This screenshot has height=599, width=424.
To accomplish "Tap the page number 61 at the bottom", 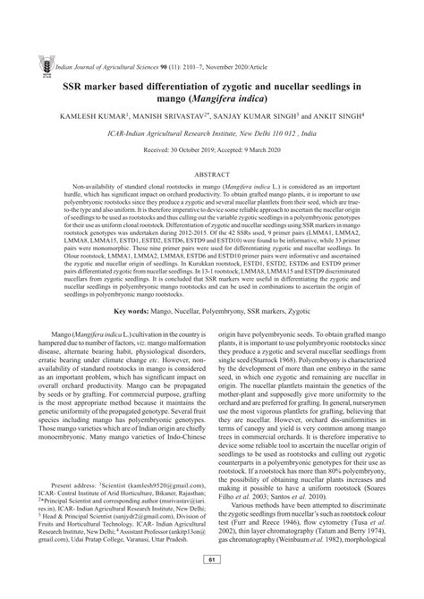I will [212, 586].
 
